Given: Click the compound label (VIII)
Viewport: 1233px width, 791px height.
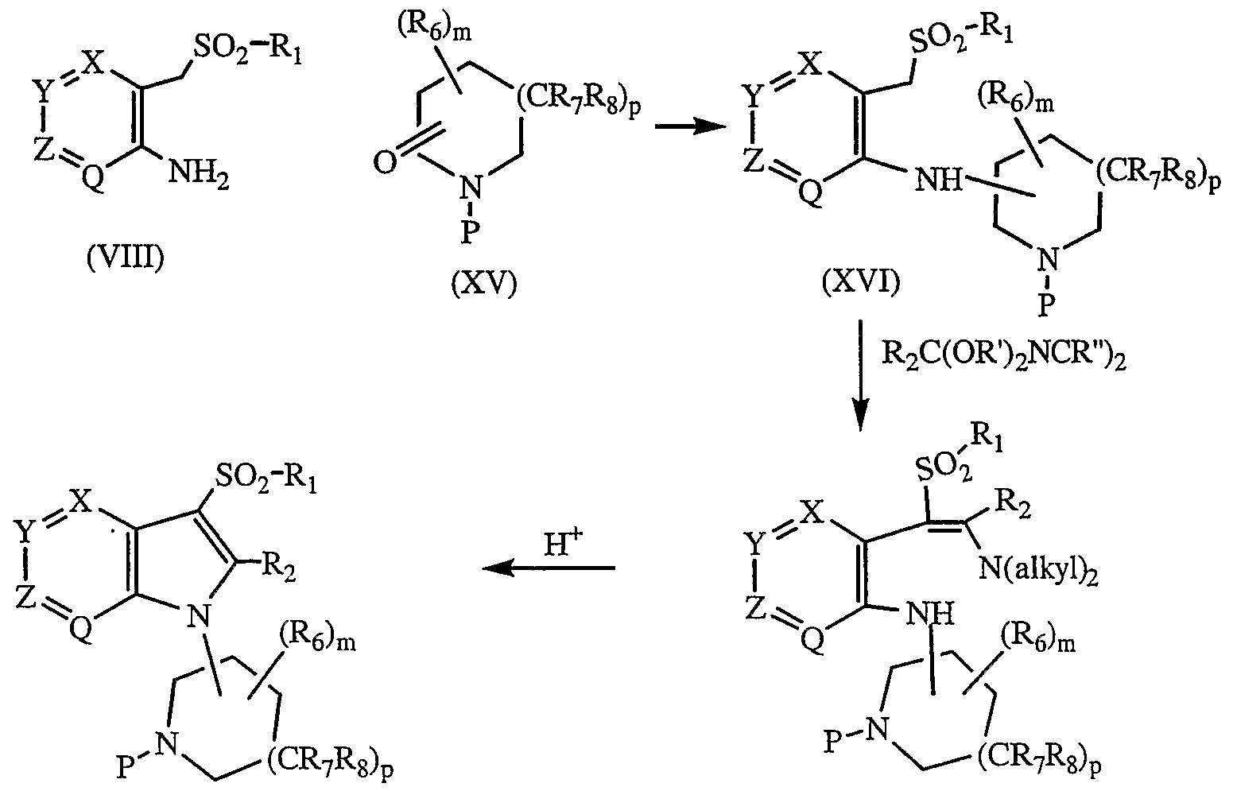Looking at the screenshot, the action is pos(126,258).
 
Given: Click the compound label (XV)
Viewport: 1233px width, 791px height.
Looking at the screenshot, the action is pos(484,285).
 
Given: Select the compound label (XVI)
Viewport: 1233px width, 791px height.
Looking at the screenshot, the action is pos(862,283).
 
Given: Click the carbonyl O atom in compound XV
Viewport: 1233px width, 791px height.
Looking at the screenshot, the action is pos(385,163).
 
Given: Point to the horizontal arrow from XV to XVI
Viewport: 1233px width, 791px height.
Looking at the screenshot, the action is pos(691,128).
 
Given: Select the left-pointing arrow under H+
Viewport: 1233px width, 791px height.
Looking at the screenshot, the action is pos(549,568).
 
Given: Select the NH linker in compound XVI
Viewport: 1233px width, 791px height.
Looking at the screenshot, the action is pos(939,180).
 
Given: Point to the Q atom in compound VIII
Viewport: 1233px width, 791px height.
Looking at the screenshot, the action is pos(92,178).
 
